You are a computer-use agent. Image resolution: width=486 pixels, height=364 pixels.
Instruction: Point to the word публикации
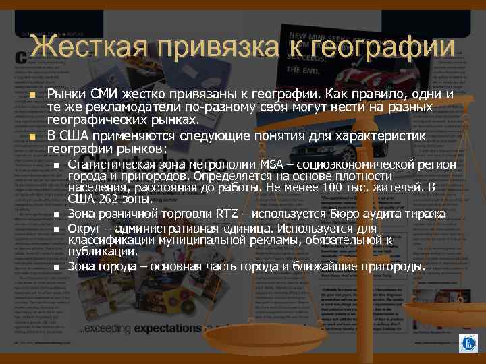[x=102, y=251]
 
